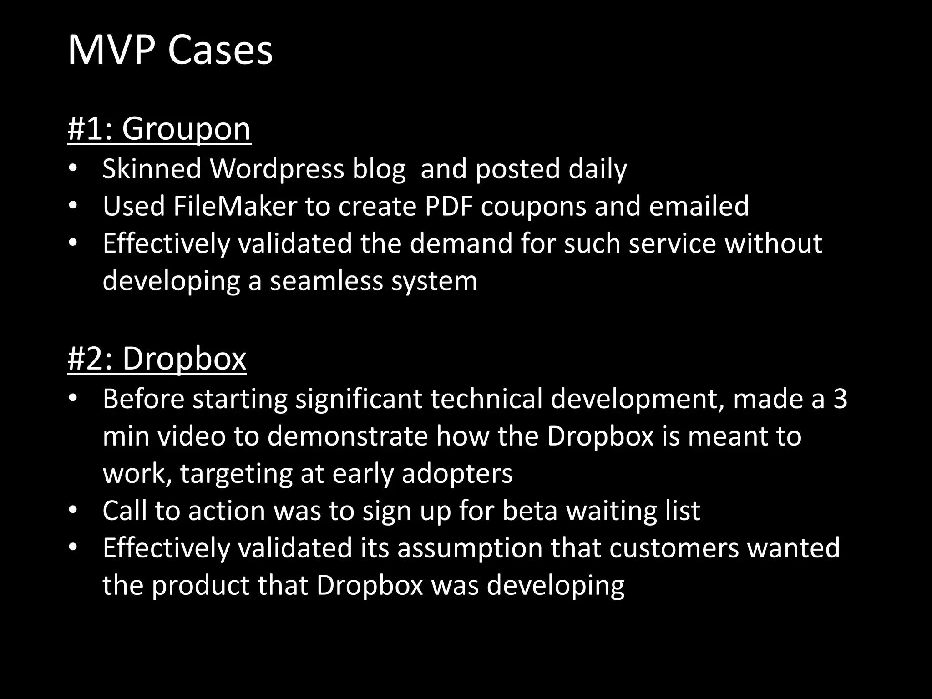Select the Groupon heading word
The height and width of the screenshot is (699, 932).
tap(186, 129)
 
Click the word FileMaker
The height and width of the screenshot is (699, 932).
tap(235, 206)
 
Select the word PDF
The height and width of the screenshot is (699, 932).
tap(448, 206)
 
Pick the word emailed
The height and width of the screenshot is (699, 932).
tap(699, 206)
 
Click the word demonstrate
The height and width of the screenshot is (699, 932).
tap(348, 436)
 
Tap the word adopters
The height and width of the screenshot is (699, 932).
tap(457, 474)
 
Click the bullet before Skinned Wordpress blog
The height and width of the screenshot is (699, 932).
tap(73, 169)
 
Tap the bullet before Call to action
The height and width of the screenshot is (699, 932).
tap(73, 511)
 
